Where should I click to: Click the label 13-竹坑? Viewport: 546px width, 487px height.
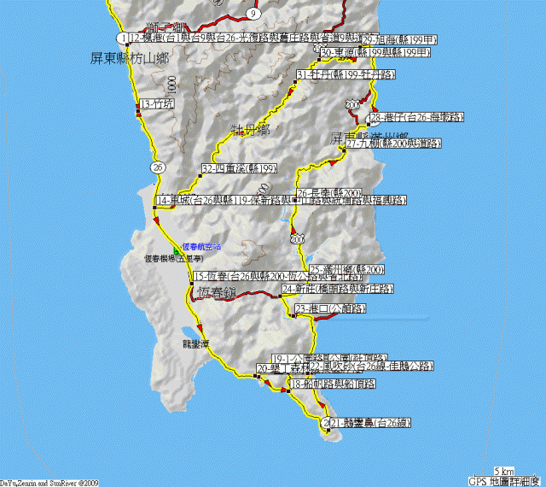(x=158, y=104)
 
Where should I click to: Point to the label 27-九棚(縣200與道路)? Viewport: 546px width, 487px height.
(x=394, y=144)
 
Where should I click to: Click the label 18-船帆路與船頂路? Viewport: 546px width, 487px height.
(x=333, y=384)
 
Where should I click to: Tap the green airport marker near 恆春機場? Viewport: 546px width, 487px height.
(x=177, y=249)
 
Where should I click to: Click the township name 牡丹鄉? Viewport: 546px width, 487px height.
(x=250, y=130)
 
